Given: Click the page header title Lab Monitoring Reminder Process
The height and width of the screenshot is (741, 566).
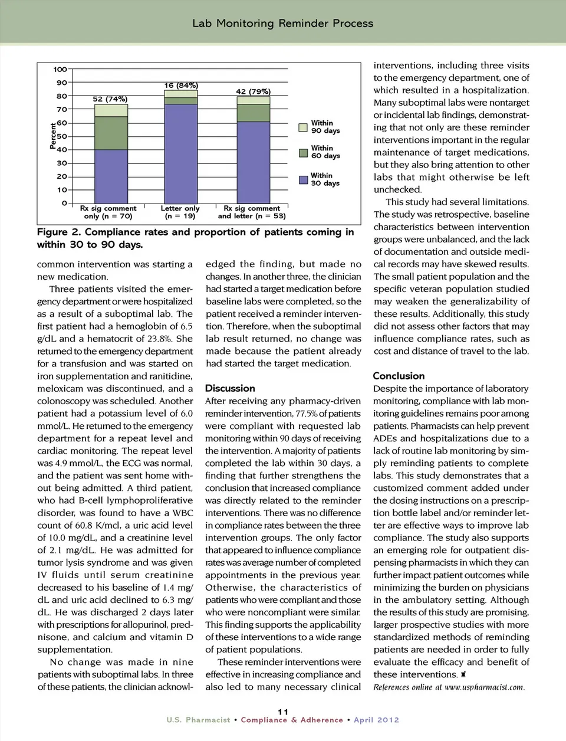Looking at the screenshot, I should [x=282, y=24].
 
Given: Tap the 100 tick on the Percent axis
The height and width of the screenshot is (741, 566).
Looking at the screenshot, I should [x=60, y=70].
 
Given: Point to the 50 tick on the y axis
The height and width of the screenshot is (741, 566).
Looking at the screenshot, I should [x=62, y=136].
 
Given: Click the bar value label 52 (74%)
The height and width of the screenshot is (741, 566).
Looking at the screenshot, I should [x=110, y=99].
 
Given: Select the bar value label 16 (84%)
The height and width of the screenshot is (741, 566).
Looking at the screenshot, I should [x=181, y=86].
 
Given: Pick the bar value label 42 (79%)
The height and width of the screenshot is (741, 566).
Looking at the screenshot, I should [x=253, y=91].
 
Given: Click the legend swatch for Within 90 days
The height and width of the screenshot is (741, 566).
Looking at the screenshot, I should [x=303, y=127].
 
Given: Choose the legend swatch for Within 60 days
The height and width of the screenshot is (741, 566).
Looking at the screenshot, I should [x=303, y=153].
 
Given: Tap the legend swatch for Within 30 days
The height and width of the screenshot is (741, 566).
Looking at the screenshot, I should [x=303, y=179].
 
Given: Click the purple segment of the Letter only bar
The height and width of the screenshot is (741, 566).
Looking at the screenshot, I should [x=180, y=153].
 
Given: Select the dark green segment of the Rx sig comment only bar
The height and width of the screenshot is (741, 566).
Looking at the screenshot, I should [x=111, y=133].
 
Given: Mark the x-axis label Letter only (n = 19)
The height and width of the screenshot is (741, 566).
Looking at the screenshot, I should [x=180, y=212].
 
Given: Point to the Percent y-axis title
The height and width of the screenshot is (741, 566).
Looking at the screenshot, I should [x=53, y=136].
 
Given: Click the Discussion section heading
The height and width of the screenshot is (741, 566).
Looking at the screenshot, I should [x=230, y=388].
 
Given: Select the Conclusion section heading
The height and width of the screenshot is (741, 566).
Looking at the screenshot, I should [x=399, y=376].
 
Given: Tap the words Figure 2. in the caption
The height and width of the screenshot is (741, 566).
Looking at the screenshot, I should [x=58, y=232].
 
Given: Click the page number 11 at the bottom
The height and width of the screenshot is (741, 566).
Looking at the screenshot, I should [x=283, y=712].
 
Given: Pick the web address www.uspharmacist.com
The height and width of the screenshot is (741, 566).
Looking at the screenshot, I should [x=484, y=687].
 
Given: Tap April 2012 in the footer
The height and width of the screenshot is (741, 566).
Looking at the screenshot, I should [x=376, y=720].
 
